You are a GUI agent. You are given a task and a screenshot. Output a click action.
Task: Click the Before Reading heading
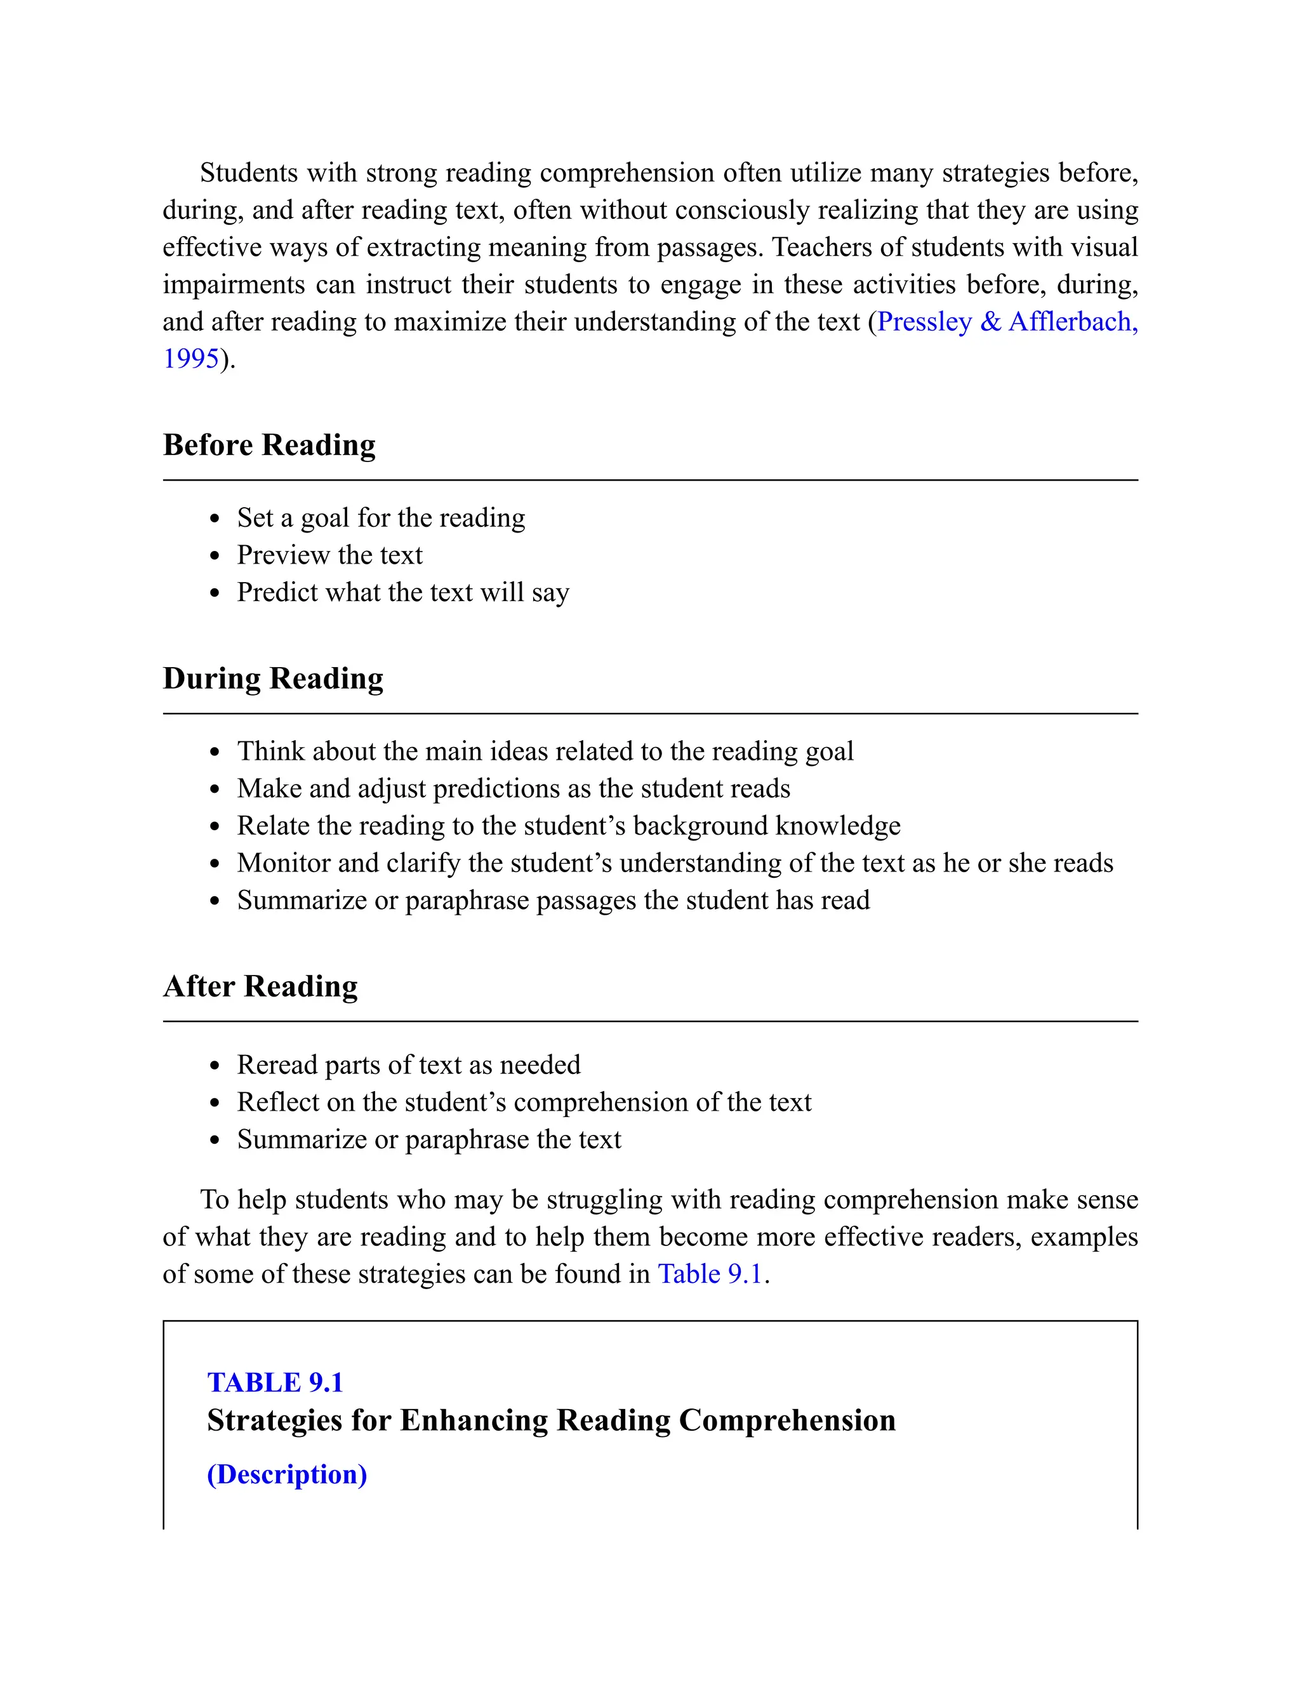click(269, 445)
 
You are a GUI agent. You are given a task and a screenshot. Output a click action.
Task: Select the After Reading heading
click(260, 986)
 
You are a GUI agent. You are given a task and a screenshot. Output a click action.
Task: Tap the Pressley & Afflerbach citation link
click(1007, 322)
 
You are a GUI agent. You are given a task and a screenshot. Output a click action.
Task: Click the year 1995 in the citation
click(191, 359)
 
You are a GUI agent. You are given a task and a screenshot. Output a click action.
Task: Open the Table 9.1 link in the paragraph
click(709, 1274)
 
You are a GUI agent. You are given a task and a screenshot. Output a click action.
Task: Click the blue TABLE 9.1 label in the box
click(275, 1383)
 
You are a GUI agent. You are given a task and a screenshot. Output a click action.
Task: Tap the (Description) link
click(286, 1474)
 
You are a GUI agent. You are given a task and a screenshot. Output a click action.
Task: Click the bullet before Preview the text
click(215, 556)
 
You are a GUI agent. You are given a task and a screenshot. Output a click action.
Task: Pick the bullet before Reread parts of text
click(215, 1066)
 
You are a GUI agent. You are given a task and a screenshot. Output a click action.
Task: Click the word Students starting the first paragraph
click(248, 173)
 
